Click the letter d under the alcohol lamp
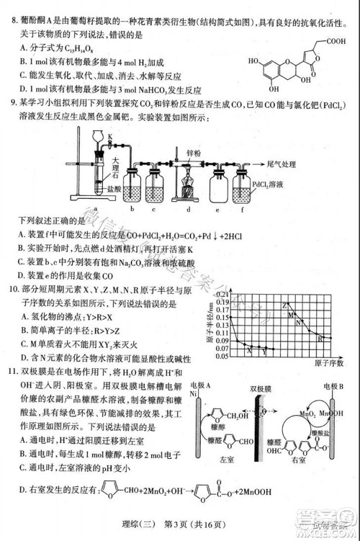(x=189, y=210)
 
